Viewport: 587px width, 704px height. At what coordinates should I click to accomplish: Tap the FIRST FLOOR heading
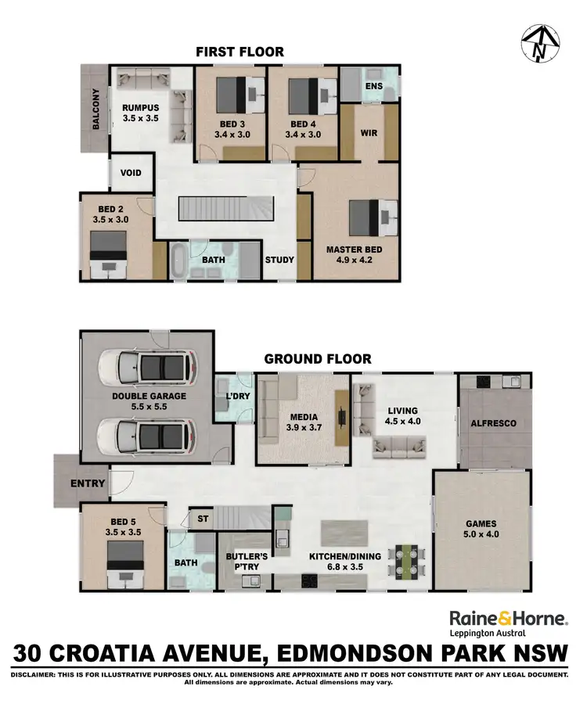coord(239,52)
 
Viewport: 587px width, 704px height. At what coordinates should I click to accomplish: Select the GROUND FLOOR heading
coord(317,359)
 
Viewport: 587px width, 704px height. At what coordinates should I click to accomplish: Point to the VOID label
coord(131,172)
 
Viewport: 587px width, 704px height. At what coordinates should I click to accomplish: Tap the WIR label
coord(369,133)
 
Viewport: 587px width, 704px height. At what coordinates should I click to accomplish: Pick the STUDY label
coord(279,260)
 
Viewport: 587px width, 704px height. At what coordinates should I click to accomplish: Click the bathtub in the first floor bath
coord(178,260)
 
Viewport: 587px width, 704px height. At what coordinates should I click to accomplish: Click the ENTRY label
coord(87,483)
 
